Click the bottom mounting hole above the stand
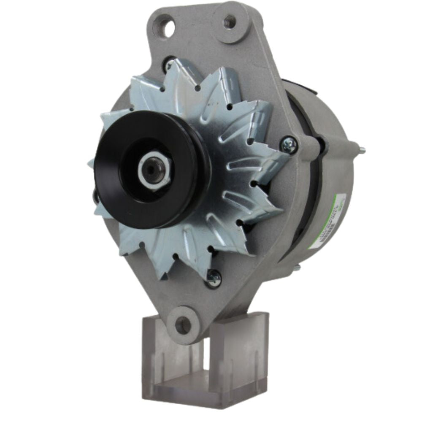[183, 325]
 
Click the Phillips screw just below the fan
[214, 278]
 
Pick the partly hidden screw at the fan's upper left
[169, 63]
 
